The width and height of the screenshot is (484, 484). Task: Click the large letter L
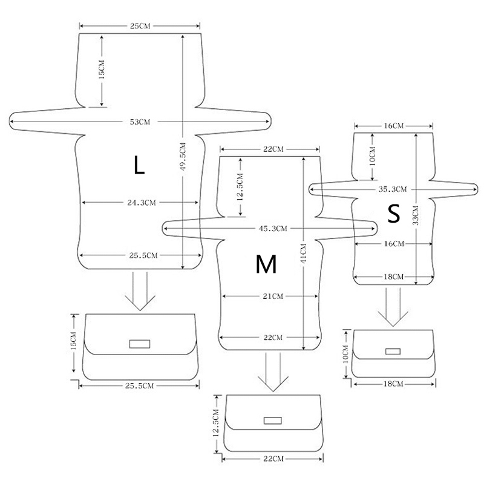point(139,165)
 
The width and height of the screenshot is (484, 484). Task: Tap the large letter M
point(266,264)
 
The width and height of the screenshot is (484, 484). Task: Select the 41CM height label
point(303,252)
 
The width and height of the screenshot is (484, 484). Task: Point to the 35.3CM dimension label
point(392,189)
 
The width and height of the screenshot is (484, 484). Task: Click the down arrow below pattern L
point(140,292)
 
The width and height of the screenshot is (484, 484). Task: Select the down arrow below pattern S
point(392,307)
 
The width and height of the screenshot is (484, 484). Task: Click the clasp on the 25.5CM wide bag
point(140,344)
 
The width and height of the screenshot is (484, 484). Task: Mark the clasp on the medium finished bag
point(272,420)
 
